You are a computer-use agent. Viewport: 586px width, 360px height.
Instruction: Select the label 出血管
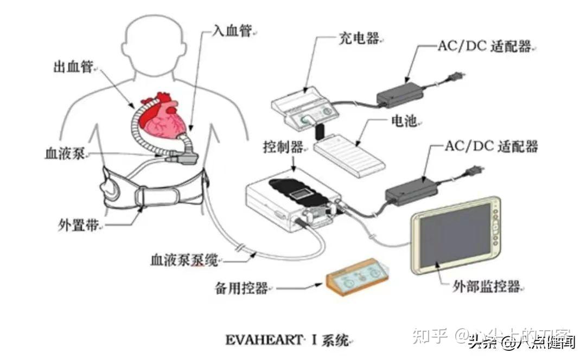pyautogui.click(x=73, y=67)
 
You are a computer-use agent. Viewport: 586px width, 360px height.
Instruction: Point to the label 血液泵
pyautogui.click(x=62, y=153)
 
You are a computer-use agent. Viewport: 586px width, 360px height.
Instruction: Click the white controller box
pyautogui.click(x=293, y=201)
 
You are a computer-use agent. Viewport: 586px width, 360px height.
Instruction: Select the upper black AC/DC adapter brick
pyautogui.click(x=400, y=95)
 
